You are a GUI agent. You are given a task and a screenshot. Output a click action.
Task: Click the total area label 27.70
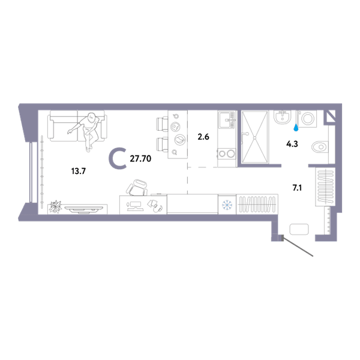(x=140, y=158)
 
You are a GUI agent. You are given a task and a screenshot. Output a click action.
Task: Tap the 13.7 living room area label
(x=79, y=171)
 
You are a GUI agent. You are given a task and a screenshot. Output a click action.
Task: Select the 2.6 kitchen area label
(x=203, y=137)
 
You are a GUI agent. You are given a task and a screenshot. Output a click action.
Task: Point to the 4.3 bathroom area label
(x=292, y=144)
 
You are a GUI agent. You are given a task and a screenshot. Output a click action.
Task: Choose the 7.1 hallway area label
(x=297, y=188)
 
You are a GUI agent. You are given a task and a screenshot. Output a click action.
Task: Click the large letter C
(x=118, y=158)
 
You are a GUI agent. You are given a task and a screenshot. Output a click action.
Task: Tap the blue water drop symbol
(x=296, y=128)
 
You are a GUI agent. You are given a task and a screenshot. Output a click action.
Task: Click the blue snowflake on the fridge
(x=227, y=205)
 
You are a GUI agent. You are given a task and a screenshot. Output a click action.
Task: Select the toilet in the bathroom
(x=320, y=146)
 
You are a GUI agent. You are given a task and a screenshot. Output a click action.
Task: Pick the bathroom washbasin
(x=283, y=117)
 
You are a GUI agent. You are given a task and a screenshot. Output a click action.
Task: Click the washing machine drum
(x=307, y=118)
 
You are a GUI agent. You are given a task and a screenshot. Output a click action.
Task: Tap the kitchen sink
(x=227, y=119)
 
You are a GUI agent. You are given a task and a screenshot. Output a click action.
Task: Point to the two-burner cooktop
(x=227, y=154)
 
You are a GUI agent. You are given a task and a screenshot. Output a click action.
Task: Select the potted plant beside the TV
(x=55, y=206)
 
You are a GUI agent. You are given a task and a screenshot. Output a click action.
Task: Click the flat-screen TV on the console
(x=84, y=209)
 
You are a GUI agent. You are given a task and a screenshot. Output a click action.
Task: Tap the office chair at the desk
(x=137, y=187)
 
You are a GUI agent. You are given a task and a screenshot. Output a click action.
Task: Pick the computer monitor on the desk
(x=135, y=205)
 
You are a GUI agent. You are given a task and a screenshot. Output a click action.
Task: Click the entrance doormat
(x=299, y=229)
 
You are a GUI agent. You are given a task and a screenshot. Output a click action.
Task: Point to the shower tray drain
(x=254, y=137)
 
